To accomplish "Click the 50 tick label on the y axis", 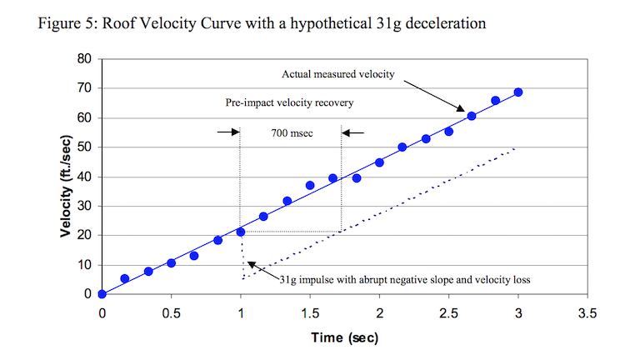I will pyautogui.click(x=85, y=147).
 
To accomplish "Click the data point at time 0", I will pyautogui.click(x=102, y=294).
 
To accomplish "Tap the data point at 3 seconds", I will pyautogui.click(x=518, y=92).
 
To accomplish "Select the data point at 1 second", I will pyautogui.click(x=241, y=232).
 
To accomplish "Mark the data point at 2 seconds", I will pyautogui.click(x=379, y=162).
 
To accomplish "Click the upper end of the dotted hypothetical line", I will pyautogui.click(x=517, y=149).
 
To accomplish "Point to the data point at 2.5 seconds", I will pyautogui.click(x=448, y=132).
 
